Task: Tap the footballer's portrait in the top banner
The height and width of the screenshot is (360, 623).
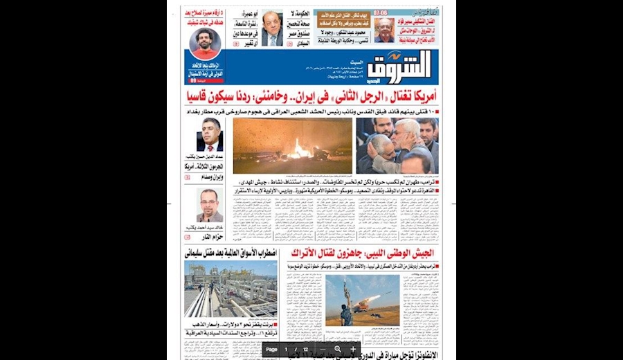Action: (205, 43)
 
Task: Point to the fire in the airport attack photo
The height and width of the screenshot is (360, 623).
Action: (301, 147)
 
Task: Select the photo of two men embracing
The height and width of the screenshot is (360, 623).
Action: (397, 146)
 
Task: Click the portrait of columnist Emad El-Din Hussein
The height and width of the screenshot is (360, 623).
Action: (209, 134)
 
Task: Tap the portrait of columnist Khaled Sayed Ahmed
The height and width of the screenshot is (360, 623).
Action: (208, 204)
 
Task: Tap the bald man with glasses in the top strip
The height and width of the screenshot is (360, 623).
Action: (384, 29)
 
